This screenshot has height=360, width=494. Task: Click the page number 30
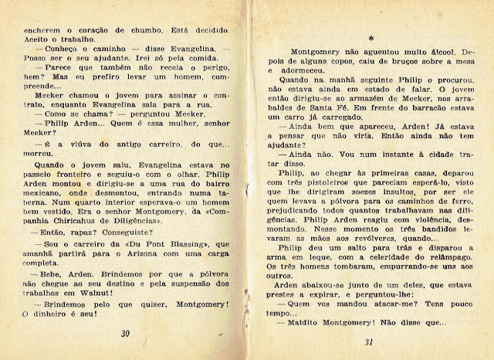click(x=125, y=335)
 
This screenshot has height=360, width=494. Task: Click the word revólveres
click(x=357, y=240)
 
